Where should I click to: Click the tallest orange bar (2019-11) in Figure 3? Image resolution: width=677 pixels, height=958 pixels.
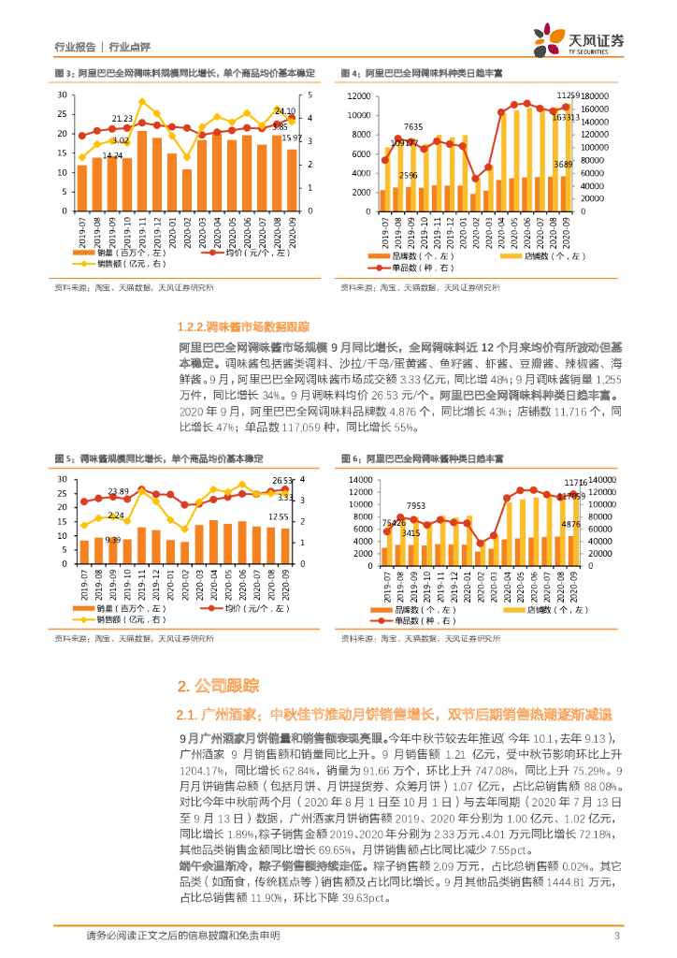coord(141,170)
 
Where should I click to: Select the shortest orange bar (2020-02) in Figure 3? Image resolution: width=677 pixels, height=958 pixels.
coord(187,190)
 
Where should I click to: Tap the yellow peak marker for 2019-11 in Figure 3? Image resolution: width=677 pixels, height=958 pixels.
coord(142,101)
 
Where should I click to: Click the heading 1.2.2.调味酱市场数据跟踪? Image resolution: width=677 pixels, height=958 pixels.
coord(242,327)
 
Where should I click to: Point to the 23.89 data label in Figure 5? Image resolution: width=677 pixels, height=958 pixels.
coord(118,491)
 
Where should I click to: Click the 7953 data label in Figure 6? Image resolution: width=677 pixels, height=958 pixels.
coord(415,506)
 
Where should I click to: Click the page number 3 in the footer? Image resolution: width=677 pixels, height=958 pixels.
coord(617,936)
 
